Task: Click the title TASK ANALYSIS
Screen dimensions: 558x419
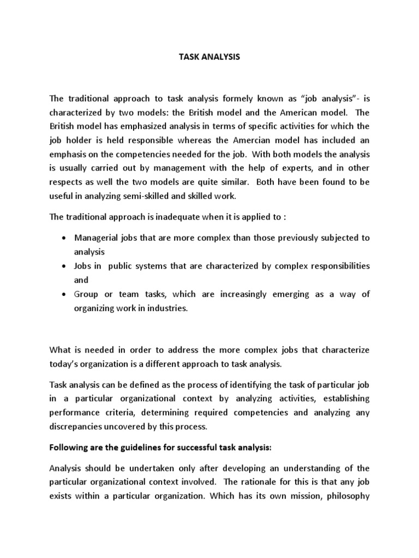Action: tap(209, 57)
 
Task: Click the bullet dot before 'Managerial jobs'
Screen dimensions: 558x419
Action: tap(64, 239)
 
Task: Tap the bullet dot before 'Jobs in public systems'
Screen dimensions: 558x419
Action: tap(64, 266)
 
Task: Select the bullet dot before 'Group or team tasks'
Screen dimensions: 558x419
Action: tap(64, 294)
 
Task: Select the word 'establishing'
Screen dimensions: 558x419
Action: tap(342, 398)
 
